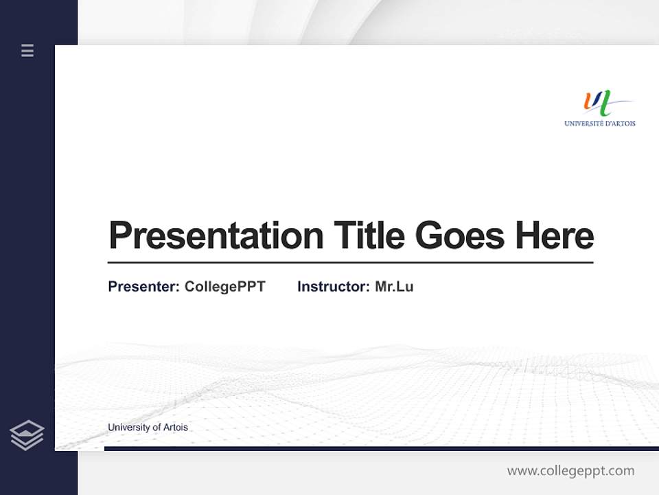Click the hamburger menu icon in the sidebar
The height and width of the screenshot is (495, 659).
tap(27, 50)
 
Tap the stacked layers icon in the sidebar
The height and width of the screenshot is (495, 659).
tap(27, 435)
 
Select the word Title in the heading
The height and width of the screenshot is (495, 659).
tap(369, 236)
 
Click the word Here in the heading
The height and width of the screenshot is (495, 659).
tap(554, 236)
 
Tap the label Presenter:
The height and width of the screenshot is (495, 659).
tap(143, 287)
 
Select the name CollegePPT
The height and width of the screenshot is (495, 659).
tap(224, 287)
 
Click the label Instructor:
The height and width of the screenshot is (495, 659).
tap(333, 287)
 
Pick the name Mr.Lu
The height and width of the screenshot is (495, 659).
tap(394, 287)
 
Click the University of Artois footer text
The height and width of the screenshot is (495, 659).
tap(148, 428)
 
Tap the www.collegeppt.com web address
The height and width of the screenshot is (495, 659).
tap(570, 471)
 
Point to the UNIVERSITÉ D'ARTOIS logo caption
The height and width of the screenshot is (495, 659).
tap(599, 124)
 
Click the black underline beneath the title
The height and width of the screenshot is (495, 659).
tap(350, 262)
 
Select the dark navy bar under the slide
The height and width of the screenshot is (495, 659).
tap(381, 448)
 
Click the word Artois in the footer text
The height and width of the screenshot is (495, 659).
tap(175, 428)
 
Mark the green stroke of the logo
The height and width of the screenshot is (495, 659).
tap(604, 105)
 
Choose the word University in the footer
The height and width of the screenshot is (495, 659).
tap(128, 428)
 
